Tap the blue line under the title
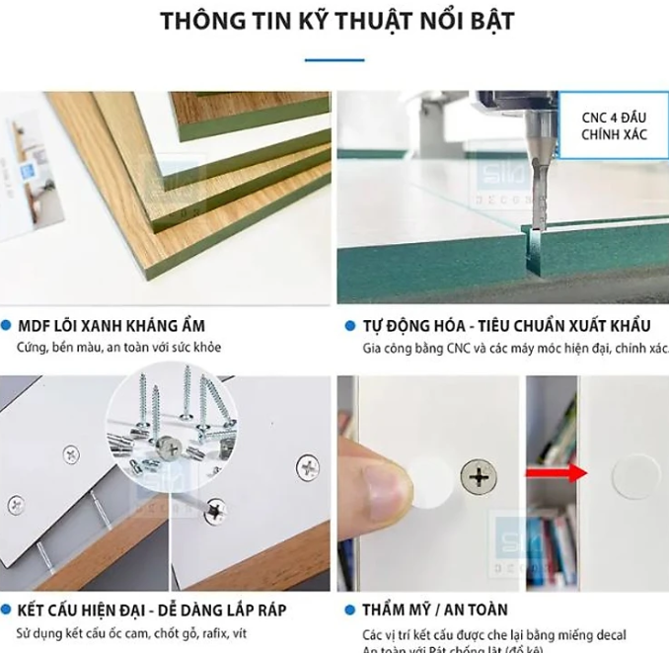(334, 60)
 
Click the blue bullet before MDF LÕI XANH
(8, 325)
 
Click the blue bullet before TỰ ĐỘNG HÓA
(349, 325)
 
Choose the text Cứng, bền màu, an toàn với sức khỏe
(118, 347)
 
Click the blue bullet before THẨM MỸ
(349, 610)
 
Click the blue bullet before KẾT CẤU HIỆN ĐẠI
(8, 610)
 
